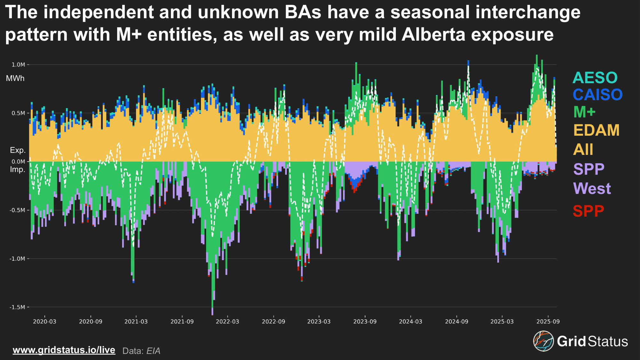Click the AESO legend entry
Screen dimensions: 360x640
595,78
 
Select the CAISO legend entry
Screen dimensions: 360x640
597,95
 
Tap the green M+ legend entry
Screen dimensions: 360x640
584,112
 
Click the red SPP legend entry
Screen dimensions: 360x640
588,211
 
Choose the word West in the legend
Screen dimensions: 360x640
592,188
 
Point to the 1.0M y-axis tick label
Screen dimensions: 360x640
18,65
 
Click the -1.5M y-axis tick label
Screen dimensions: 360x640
17,307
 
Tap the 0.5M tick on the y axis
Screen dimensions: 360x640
18,113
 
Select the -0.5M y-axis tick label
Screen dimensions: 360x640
17,210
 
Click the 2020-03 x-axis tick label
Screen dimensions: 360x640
44,322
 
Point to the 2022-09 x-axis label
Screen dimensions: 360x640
273,322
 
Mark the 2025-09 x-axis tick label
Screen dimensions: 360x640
548,322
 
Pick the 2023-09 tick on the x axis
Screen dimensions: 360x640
365,322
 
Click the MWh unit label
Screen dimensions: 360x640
15,78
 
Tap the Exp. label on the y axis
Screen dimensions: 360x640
18,150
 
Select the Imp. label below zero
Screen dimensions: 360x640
17,169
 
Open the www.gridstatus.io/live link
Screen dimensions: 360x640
64,350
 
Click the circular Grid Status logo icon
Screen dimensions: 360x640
543,341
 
